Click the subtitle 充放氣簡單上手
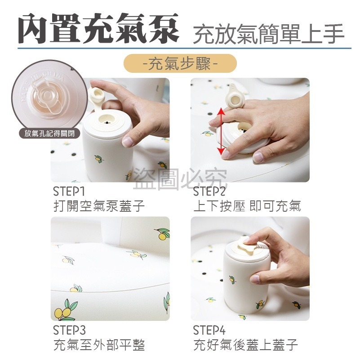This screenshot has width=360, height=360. tap(268, 34)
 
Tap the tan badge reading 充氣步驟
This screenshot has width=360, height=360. tap(180, 63)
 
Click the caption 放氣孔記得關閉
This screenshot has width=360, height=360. tap(50, 133)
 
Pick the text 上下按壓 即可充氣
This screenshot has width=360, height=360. tap(247, 206)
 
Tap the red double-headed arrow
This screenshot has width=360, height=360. tap(221, 131)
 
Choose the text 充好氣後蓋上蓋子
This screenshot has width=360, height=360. tap(245, 345)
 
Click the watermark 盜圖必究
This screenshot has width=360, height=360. tap(180, 180)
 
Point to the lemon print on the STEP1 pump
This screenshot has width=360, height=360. tap(98, 159)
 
